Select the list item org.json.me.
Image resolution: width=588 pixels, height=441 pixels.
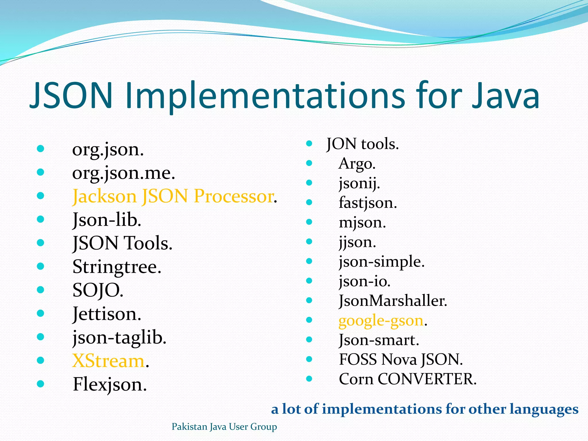(x=123, y=173)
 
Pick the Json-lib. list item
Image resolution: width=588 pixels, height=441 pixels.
(x=107, y=220)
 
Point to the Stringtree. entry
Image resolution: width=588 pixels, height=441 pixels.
(x=117, y=267)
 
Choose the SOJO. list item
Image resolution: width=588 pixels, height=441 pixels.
(x=98, y=291)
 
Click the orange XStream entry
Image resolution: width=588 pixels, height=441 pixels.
(x=108, y=361)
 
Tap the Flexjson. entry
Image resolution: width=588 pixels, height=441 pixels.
(x=110, y=385)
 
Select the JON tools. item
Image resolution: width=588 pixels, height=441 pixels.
(x=363, y=144)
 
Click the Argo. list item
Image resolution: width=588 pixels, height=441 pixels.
(x=357, y=164)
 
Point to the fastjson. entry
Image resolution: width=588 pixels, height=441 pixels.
(x=368, y=203)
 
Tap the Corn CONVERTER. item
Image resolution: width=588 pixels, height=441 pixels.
(x=407, y=379)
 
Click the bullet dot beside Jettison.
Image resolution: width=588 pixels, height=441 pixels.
(x=40, y=313)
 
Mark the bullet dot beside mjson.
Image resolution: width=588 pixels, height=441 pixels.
(x=309, y=222)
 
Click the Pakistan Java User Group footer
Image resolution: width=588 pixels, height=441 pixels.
(x=224, y=427)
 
